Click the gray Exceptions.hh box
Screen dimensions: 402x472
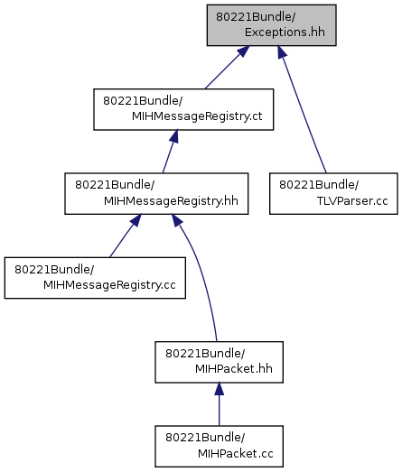click(271, 25)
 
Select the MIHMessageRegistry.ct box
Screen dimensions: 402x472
click(183, 109)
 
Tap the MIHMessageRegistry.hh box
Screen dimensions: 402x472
click(156, 193)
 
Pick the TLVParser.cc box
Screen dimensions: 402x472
click(333, 193)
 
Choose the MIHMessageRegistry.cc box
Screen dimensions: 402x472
click(95, 278)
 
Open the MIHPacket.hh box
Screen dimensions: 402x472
click(220, 362)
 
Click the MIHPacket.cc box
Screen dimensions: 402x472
click(220, 447)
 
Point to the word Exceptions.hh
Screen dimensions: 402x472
click(285, 32)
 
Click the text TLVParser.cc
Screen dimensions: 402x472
click(352, 200)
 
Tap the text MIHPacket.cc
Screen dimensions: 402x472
click(236, 453)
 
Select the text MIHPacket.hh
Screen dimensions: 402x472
click(234, 369)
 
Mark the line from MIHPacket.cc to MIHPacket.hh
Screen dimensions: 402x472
click(220, 404)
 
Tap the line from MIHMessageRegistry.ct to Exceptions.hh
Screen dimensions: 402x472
click(228, 67)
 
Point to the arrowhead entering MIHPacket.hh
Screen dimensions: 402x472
click(220, 389)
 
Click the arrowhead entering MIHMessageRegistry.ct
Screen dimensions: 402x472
click(173, 136)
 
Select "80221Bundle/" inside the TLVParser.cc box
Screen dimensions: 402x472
click(319, 184)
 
